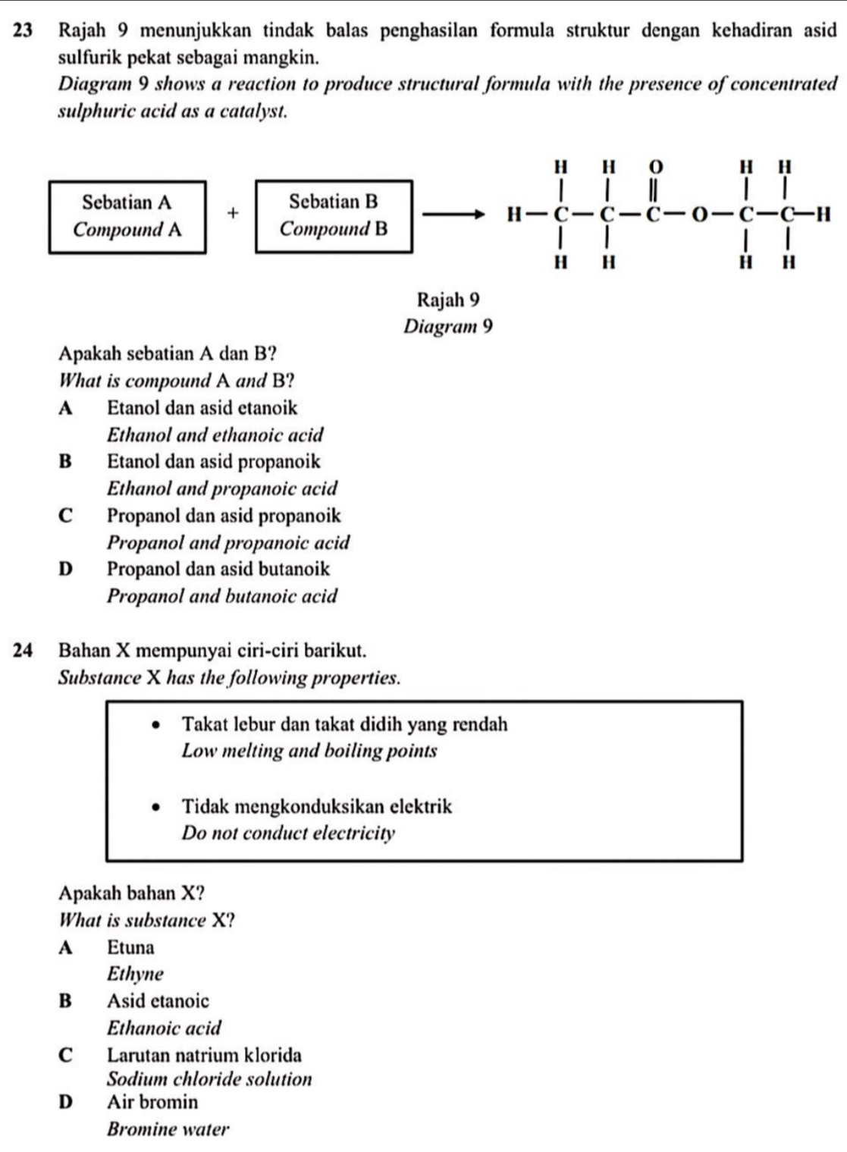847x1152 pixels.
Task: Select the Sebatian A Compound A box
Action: (x=127, y=216)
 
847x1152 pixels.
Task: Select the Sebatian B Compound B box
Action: (x=334, y=216)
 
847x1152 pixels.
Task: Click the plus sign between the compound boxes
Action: (x=232, y=215)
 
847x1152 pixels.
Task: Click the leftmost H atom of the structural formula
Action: (x=515, y=216)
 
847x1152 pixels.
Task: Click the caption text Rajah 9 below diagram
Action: (x=448, y=300)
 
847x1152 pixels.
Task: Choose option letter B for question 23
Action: (x=64, y=462)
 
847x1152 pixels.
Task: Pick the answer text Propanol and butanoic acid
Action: (x=222, y=596)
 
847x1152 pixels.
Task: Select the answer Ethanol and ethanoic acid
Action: (x=215, y=435)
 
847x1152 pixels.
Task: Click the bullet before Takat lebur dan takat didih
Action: (x=156, y=725)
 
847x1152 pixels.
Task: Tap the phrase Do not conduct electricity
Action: (x=288, y=833)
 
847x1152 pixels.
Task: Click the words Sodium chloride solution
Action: (x=209, y=1079)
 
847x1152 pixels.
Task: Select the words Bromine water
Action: (x=168, y=1129)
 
